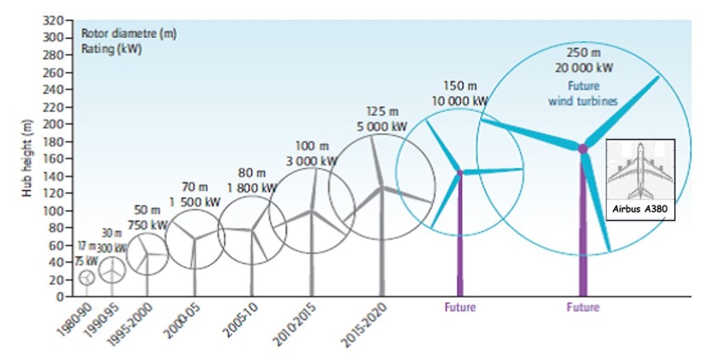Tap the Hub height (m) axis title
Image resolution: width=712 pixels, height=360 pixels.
pos(29,158)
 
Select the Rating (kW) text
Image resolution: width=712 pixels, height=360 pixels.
pos(112,49)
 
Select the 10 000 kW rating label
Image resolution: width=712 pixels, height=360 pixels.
pos(460,100)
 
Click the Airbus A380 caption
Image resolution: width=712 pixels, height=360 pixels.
pos(640,211)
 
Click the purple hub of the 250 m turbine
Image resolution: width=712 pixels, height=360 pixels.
pos(583,148)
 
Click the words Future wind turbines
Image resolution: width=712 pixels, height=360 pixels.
pos(583,94)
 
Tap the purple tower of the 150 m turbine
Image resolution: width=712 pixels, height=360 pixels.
pos(460,236)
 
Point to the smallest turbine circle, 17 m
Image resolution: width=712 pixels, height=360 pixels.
pos(87,277)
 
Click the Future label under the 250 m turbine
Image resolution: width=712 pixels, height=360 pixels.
pos(583,307)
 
